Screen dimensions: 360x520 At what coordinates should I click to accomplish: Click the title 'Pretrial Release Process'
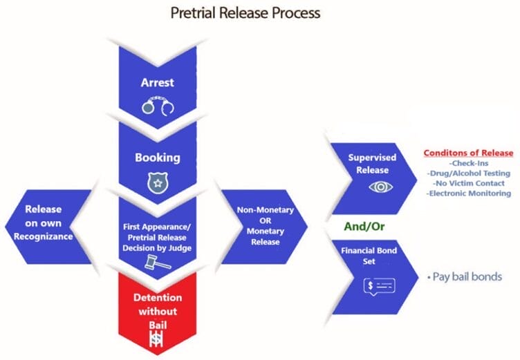pos(260,12)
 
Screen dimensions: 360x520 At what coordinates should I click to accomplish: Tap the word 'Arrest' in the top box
pos(157,82)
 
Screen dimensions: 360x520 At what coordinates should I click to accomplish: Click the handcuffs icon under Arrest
pos(157,105)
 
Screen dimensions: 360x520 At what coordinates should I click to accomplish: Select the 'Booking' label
pos(157,157)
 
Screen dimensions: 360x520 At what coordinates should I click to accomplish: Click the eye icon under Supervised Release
pos(378,187)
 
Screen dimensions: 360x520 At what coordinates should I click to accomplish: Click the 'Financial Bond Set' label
pos(372,256)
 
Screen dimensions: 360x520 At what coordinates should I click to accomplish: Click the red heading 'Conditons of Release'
pos(469,153)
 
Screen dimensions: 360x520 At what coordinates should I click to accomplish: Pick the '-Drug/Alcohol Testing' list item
pos(470,173)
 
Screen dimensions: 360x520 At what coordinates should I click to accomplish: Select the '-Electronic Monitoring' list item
pos(470,194)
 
